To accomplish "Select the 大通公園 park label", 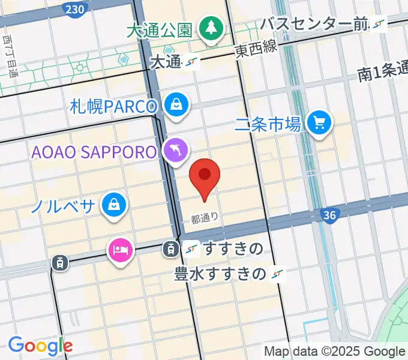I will click(x=160, y=30).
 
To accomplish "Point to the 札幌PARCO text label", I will click(x=113, y=107).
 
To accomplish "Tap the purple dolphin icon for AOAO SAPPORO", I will click(x=176, y=151).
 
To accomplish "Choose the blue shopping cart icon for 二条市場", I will click(x=319, y=123).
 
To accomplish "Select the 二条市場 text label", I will click(x=268, y=124).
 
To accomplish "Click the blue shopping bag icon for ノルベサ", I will click(x=113, y=205).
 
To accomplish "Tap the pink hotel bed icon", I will click(x=119, y=248).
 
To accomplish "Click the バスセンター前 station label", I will click(x=313, y=25).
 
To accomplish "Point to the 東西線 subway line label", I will click(x=256, y=50).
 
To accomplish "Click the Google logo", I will click(x=40, y=346).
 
